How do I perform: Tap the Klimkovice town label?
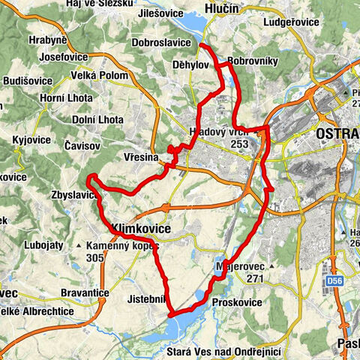click(x=141, y=227)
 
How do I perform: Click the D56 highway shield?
click(x=334, y=281)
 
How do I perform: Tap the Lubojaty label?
click(x=45, y=243)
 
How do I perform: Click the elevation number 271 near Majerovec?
click(x=257, y=277)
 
